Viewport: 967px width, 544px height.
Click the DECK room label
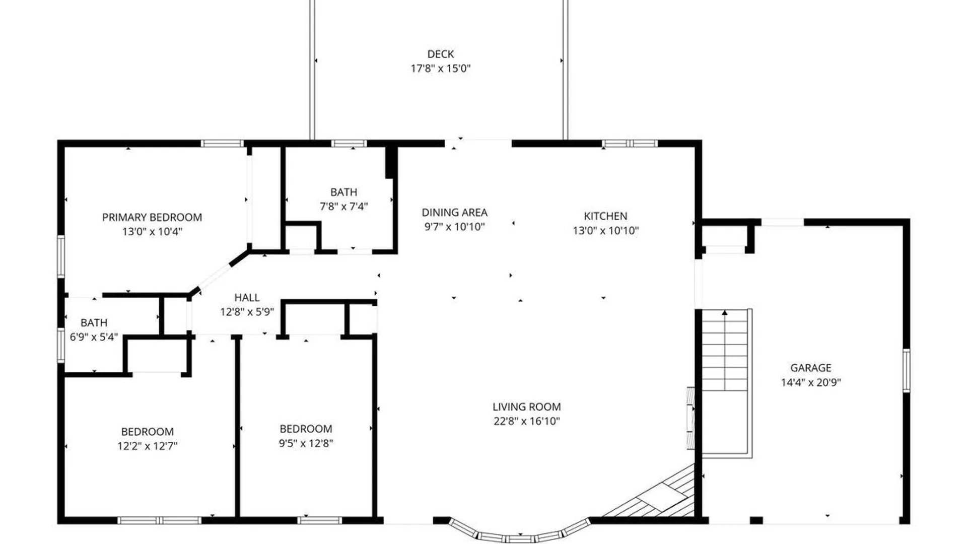(x=441, y=54)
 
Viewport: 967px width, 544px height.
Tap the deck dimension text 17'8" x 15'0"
(x=441, y=69)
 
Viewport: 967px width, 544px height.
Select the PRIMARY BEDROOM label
(x=152, y=217)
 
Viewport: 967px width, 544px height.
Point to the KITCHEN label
(x=605, y=216)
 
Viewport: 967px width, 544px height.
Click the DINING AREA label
(x=454, y=213)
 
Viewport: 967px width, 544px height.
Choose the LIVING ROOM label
(x=527, y=407)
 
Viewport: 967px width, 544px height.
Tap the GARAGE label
(x=811, y=368)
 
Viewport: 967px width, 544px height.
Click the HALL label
(x=247, y=298)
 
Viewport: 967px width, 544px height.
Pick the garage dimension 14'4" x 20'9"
(x=811, y=382)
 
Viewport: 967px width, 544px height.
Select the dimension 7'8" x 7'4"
(x=344, y=207)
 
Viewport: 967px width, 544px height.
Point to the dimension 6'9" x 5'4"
(x=94, y=337)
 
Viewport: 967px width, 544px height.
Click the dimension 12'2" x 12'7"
(x=148, y=446)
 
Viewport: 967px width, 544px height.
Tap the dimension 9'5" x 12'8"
(x=306, y=443)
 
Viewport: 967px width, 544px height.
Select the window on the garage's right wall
(x=906, y=370)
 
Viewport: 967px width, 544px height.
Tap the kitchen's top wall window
(x=630, y=144)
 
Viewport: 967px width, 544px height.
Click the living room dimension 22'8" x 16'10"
(x=527, y=422)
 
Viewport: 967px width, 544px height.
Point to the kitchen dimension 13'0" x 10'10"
(x=605, y=231)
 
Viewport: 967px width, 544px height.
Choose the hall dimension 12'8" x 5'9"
(x=247, y=312)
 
